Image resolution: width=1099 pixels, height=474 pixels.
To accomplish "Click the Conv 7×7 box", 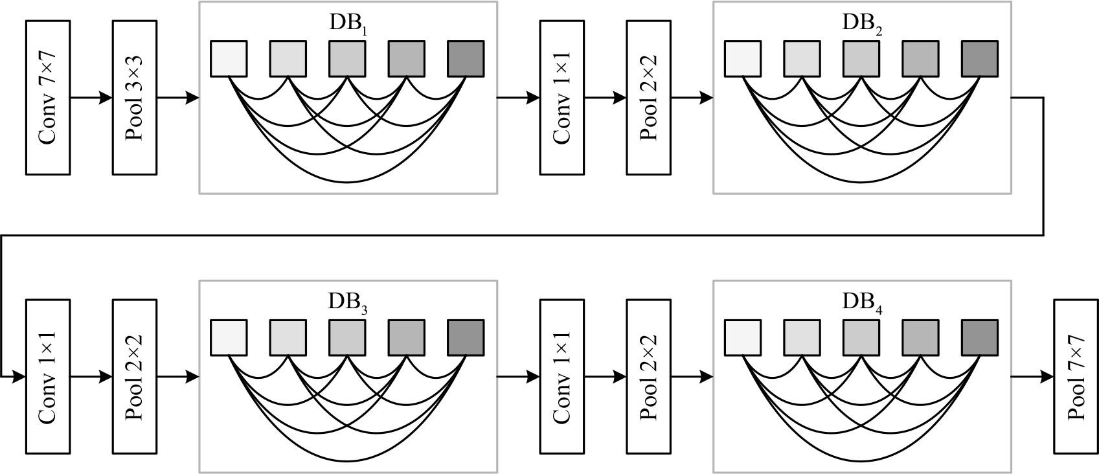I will (x=48, y=98).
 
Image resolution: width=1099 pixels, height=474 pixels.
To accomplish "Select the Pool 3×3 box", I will (x=135, y=98).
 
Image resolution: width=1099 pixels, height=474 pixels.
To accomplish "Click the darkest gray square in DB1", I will (x=466, y=59).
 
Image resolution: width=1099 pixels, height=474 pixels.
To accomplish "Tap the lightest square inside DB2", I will (x=743, y=59).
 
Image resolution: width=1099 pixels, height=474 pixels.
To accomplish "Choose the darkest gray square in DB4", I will (x=979, y=337).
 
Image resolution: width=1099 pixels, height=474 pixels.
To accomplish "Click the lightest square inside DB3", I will (x=229, y=337).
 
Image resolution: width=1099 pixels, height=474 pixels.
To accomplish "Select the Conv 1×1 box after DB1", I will (x=562, y=98).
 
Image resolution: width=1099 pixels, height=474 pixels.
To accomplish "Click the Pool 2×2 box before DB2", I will (x=648, y=98).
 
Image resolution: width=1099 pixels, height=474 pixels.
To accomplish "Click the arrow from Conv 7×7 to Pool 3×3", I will (x=91, y=98).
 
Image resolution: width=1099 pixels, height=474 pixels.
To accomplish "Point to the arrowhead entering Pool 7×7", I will (x=1047, y=376).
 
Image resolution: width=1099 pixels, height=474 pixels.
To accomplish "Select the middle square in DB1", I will (x=347, y=59).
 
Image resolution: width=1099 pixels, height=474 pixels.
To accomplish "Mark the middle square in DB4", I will (x=861, y=337).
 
